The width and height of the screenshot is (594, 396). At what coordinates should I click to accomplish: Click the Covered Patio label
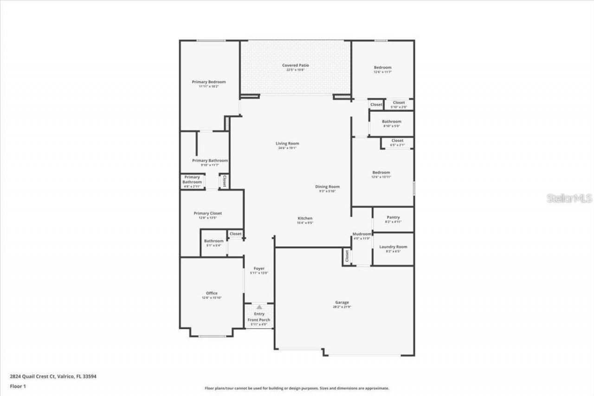[x=296, y=65]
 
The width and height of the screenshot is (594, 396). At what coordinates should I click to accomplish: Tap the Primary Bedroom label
[x=209, y=82]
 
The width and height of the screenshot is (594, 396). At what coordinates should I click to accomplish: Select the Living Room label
[x=287, y=143]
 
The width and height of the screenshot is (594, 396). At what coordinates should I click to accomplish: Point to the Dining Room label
[x=328, y=187]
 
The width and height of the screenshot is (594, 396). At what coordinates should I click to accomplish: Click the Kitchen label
[x=305, y=218]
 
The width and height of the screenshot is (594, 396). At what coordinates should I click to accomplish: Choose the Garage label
[x=342, y=303]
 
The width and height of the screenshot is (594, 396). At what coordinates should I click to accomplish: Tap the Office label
[x=212, y=293]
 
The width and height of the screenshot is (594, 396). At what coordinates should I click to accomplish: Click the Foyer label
[x=259, y=269]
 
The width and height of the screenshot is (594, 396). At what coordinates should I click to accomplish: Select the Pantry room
[x=393, y=219]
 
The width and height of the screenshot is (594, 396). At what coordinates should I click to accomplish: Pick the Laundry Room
[x=393, y=248]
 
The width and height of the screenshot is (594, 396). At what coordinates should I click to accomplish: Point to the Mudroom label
[x=362, y=234]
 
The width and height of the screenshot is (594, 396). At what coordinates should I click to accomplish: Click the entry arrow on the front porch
[x=259, y=307]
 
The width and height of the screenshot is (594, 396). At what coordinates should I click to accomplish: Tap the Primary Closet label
[x=208, y=214]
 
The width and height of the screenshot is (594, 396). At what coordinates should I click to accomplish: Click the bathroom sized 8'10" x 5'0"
[x=392, y=123]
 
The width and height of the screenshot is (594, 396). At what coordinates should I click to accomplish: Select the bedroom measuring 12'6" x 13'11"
[x=381, y=174]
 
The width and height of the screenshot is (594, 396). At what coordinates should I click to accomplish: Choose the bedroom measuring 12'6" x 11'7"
[x=383, y=69]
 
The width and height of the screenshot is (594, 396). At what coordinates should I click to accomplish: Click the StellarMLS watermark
[x=569, y=198]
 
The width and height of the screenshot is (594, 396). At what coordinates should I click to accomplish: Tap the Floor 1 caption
[x=18, y=386]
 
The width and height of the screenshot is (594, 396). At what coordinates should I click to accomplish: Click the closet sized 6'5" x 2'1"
[x=397, y=143]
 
